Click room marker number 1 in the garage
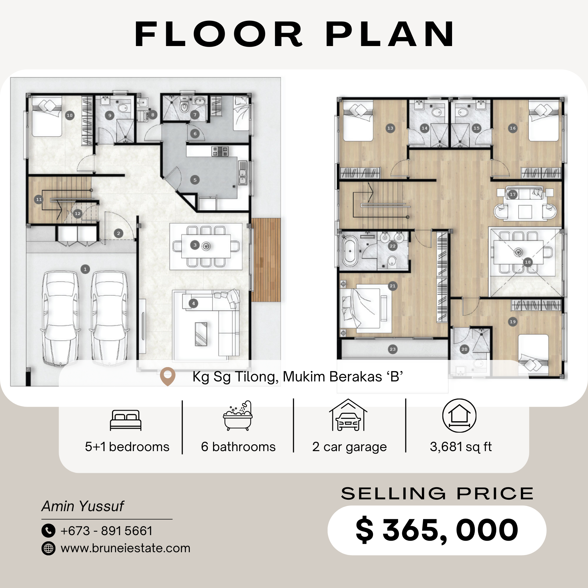[85, 269]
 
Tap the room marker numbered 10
[70, 115]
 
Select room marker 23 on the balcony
[393, 349]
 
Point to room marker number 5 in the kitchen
[195, 180]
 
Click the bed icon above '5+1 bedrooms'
[126, 420]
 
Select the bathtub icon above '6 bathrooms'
[238, 416]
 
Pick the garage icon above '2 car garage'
[348, 415]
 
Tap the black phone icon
[49, 531]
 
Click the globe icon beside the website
[49, 548]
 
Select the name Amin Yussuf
[83, 506]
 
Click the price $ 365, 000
[437, 530]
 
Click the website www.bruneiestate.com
[125, 548]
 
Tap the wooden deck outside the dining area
[266, 260]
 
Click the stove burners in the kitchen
[220, 152]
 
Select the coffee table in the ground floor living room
[201, 334]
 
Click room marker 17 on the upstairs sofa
[513, 194]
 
